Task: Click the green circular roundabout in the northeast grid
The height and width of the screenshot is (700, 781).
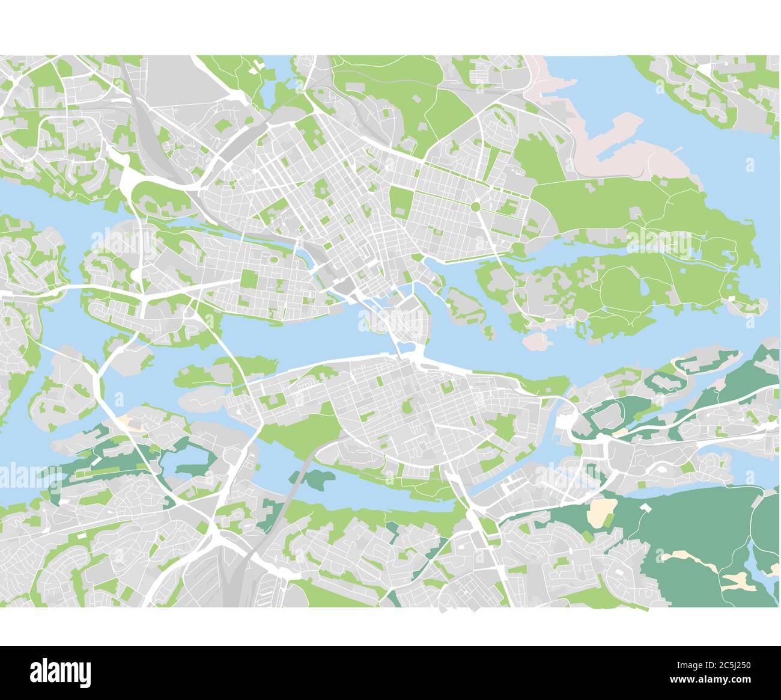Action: coord(475,207)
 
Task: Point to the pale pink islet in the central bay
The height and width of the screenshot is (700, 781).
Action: coord(537,341)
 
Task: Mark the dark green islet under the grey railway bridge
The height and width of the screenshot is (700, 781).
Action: coord(317,479)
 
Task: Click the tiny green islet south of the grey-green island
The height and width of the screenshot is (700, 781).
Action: coord(490,331)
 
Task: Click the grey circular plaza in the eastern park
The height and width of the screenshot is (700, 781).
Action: coord(582,314)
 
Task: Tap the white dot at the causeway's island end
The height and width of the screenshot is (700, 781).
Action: coord(732,298)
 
